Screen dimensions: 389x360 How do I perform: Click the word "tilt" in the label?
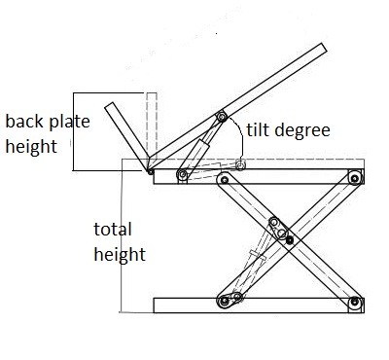(257, 129)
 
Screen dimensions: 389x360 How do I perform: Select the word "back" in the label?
(24, 122)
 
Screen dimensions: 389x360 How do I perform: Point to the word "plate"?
(69, 122)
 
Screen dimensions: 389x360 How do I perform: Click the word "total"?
(113, 230)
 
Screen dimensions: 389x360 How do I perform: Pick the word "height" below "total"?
(120, 254)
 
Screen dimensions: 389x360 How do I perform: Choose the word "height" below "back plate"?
(31, 146)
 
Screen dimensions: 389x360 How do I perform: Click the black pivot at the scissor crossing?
(290, 240)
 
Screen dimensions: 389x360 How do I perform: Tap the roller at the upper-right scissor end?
(355, 178)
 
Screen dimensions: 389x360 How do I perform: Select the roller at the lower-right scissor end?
(355, 303)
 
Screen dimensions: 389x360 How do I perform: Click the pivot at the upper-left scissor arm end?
(224, 179)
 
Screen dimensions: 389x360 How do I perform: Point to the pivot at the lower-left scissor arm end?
(224, 302)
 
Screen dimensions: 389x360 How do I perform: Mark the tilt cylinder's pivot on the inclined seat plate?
(222, 116)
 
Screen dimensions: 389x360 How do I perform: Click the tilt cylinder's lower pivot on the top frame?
(183, 175)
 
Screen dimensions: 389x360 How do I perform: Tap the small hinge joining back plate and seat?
(151, 171)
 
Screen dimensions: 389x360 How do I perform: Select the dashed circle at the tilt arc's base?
(240, 165)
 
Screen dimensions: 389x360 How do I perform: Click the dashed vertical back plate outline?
(152, 126)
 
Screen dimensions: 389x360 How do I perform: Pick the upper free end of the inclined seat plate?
(324, 48)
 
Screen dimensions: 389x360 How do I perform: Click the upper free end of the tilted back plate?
(110, 105)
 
